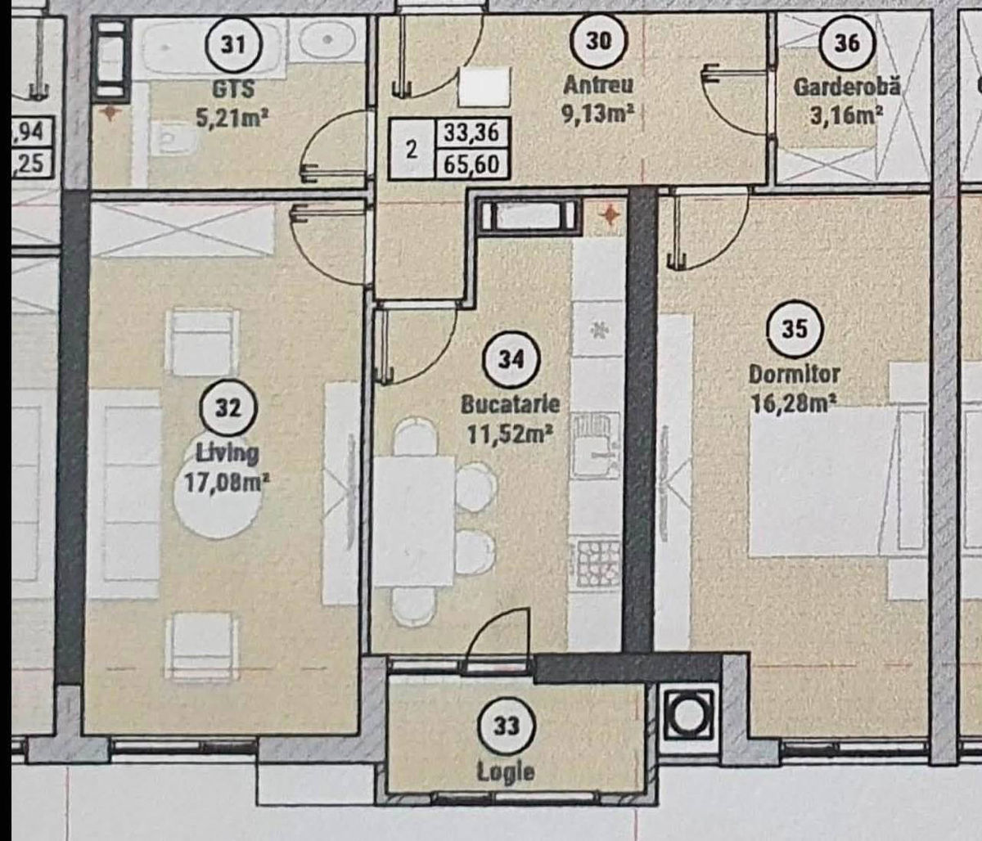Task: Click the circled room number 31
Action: [232, 45]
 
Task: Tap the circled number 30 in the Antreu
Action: [598, 41]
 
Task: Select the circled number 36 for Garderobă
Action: [847, 43]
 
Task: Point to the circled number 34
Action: [511, 359]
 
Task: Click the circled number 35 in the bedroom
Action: [795, 328]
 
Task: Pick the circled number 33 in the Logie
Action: [506, 726]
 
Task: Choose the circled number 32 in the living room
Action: [228, 408]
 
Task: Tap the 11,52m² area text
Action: [511, 434]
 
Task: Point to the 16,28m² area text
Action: [794, 405]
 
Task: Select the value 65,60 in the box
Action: [471, 164]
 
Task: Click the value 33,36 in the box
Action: [471, 133]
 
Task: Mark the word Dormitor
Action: [795, 375]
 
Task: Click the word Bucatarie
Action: [511, 405]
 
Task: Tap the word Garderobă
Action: [847, 87]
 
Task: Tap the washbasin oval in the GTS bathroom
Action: [327, 40]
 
